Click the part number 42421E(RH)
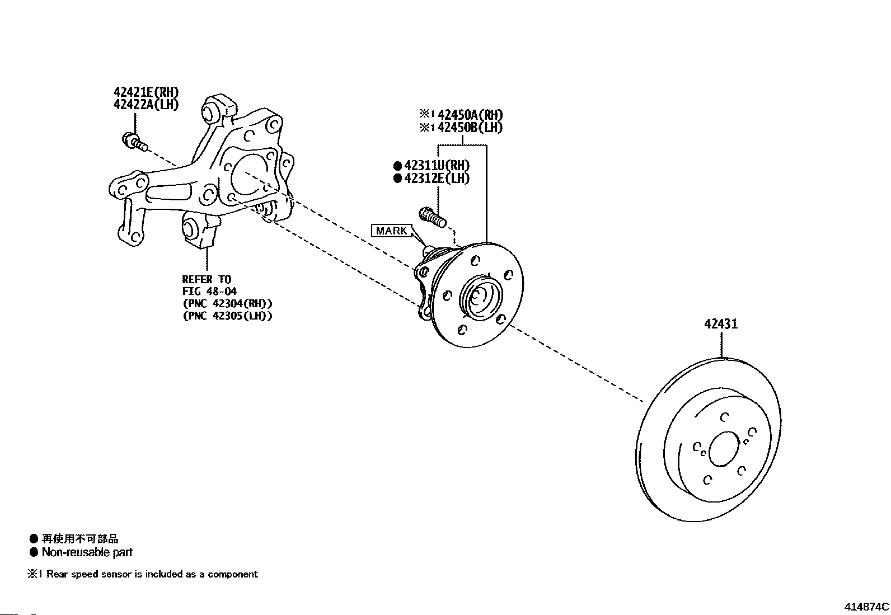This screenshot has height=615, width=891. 146,92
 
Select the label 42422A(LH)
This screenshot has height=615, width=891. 146,104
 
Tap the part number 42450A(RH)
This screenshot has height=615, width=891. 470,115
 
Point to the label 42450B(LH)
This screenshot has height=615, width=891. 470,127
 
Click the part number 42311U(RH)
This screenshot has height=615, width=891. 437,165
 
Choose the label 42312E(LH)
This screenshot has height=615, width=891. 437,178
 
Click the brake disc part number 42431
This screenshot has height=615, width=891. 721,324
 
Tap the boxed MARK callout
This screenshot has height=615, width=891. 391,231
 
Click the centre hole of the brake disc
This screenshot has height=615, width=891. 724,449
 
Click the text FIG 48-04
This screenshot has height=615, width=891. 210,291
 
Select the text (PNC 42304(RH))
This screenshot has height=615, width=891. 228,303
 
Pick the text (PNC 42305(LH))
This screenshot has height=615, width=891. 228,316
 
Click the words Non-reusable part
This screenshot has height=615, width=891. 87,552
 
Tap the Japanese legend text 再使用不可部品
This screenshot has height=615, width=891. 80,539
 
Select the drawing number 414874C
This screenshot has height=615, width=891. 866,607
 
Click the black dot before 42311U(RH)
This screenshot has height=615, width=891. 397,166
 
